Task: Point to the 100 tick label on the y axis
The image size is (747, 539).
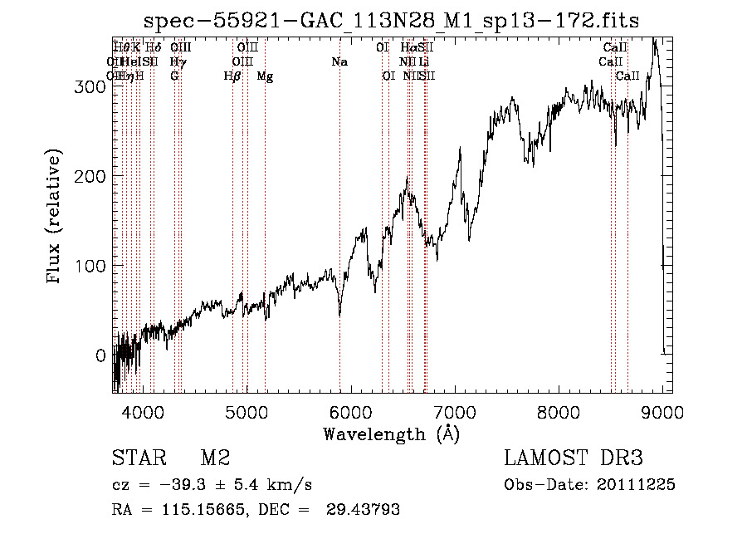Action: [90, 266]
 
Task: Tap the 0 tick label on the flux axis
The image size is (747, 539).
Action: [100, 355]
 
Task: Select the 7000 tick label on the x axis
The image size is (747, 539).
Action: [455, 412]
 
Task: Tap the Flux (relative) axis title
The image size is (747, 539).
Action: [56, 218]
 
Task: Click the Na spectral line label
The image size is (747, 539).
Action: [339, 61]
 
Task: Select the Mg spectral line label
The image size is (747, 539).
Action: [265, 76]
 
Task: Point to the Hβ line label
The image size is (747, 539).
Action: [232, 76]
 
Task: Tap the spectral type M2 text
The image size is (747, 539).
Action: [214, 458]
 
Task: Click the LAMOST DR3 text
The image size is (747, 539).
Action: [574, 458]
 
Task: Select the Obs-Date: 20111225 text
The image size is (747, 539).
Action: [589, 485]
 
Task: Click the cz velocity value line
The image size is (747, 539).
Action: [212, 485]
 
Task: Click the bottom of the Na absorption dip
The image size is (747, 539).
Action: [339, 315]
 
